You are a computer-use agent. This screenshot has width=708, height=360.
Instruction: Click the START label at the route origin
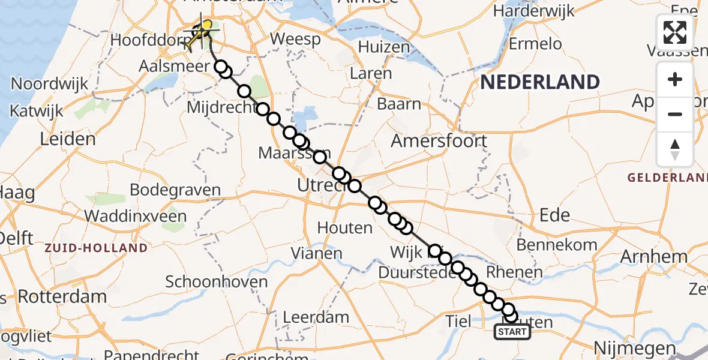(512, 332)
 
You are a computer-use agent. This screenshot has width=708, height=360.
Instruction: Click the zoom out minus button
(675, 114)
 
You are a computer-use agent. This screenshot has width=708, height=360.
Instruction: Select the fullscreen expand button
(675, 32)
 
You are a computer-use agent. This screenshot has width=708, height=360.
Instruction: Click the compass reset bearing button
(675, 149)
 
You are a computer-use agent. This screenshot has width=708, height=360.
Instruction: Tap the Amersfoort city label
(438, 142)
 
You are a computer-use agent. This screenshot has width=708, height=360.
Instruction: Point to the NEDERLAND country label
(540, 82)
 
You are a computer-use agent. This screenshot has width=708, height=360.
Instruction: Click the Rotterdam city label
(62, 296)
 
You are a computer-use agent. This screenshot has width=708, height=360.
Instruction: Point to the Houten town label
(345, 228)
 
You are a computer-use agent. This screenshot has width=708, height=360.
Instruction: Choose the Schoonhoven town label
(216, 281)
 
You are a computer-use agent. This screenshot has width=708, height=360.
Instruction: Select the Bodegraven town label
(175, 190)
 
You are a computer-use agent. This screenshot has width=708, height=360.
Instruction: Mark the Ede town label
(555, 215)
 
